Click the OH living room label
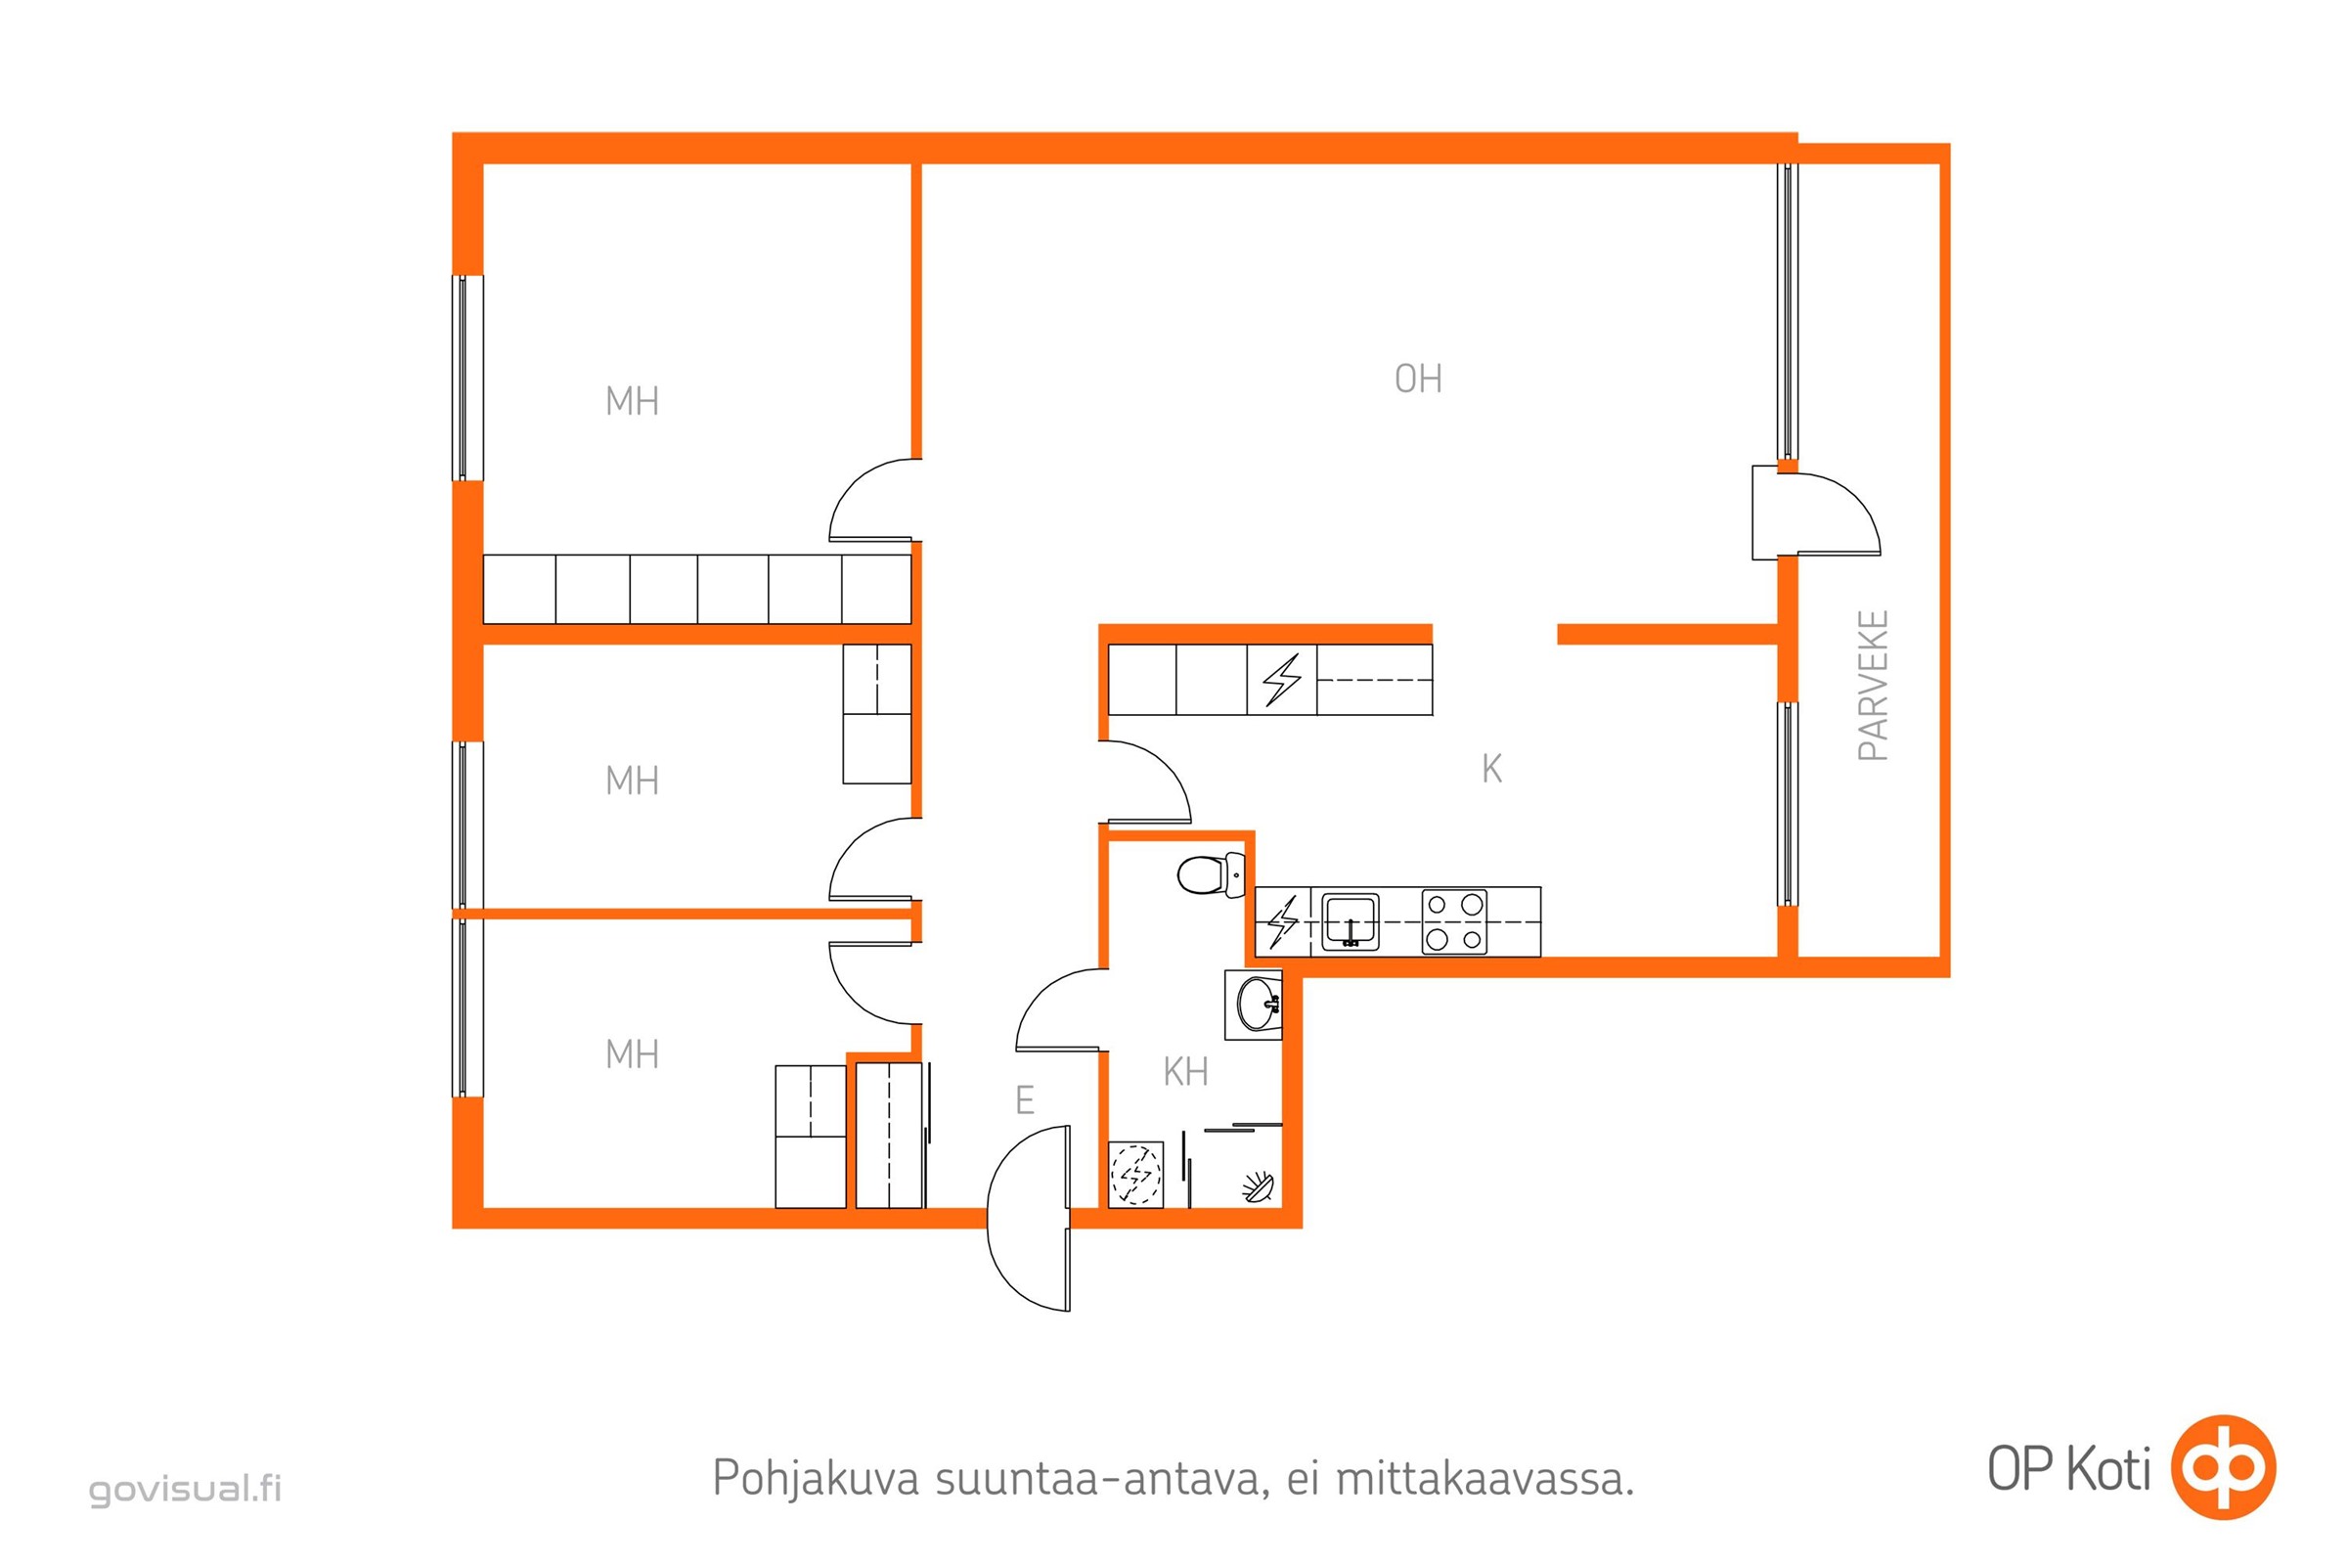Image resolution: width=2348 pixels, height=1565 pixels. tap(1417, 380)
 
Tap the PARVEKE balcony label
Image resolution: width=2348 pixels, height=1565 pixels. tap(1872, 686)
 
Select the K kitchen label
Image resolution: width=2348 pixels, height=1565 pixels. tap(1490, 769)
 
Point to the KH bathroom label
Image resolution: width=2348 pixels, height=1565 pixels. tap(1185, 1072)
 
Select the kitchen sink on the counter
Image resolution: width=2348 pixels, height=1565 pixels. tap(1350, 921)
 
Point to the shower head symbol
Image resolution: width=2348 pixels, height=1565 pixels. tap(1259, 1186)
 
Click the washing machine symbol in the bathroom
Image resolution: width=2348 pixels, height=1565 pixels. tap(1135, 1175)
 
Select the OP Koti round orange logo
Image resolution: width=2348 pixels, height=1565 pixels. tap(2223, 1467)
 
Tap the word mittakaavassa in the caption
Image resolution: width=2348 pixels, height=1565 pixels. tap(1484, 1478)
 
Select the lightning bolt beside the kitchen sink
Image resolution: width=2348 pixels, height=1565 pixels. tap(1282, 922)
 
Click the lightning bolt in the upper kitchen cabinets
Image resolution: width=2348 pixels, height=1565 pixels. tap(1281, 680)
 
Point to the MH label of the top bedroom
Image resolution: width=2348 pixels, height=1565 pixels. tap(632, 401)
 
